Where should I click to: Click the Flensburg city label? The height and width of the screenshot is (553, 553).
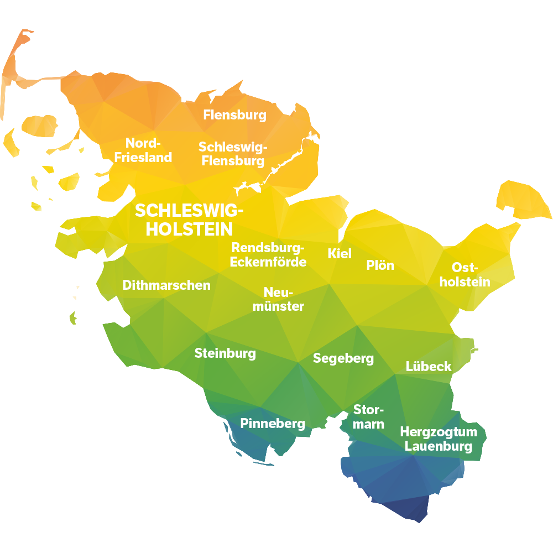pyautogui.click(x=234, y=115)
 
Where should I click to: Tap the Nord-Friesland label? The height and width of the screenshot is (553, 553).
pyautogui.click(x=143, y=150)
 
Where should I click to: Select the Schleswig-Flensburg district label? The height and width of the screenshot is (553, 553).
pyautogui.click(x=233, y=154)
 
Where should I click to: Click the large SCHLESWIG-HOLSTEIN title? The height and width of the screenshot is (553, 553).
pyautogui.click(x=190, y=220)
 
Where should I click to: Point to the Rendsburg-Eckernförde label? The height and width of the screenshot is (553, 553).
pyautogui.click(x=268, y=254)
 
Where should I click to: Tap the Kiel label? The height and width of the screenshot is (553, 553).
pyautogui.click(x=340, y=254)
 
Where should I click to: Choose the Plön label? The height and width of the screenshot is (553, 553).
pyautogui.click(x=380, y=265)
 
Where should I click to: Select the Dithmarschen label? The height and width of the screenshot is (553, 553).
pyautogui.click(x=166, y=285)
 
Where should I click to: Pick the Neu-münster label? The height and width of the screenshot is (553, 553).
pyautogui.click(x=278, y=299)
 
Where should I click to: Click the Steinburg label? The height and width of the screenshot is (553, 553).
pyautogui.click(x=225, y=353)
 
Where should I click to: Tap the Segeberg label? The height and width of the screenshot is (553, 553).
pyautogui.click(x=343, y=358)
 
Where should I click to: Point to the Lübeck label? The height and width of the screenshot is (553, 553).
pyautogui.click(x=429, y=366)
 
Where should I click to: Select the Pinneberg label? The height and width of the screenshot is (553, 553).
pyautogui.click(x=273, y=424)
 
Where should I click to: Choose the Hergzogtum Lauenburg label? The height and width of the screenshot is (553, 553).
pyautogui.click(x=439, y=439)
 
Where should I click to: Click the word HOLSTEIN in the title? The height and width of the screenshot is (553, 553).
pyautogui.click(x=190, y=229)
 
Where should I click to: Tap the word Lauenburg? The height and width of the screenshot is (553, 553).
pyautogui.click(x=439, y=446)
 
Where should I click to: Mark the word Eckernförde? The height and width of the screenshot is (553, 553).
pyautogui.click(x=268, y=262)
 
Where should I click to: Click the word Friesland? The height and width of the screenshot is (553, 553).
pyautogui.click(x=143, y=157)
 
